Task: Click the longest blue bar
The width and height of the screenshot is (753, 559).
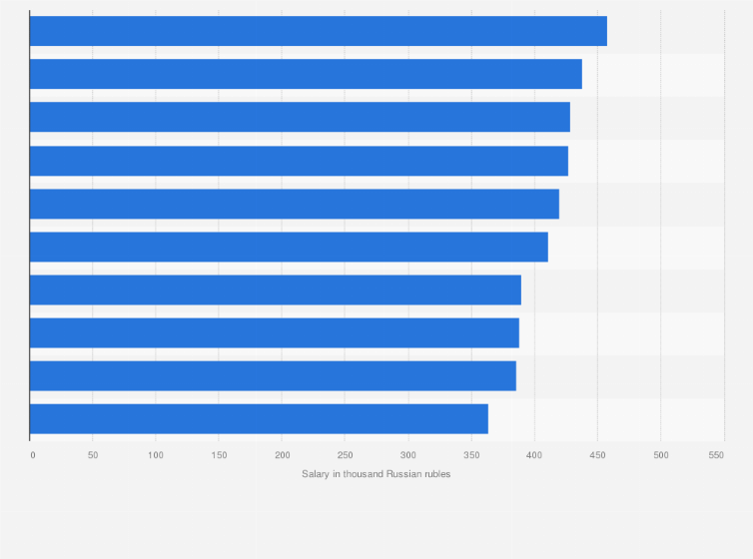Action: (x=318, y=31)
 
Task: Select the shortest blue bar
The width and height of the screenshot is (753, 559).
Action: (x=259, y=418)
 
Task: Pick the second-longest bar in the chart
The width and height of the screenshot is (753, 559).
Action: (x=306, y=74)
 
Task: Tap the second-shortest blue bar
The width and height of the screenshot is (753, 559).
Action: (x=273, y=375)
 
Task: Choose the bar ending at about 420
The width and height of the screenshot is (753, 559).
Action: (x=294, y=204)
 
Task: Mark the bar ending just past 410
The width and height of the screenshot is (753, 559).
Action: (x=289, y=247)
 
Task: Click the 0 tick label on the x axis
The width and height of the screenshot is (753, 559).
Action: (x=32, y=455)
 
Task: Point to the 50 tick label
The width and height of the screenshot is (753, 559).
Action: (x=93, y=455)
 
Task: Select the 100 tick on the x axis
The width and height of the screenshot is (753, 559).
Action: (x=156, y=455)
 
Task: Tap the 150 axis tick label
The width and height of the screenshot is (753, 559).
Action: (x=219, y=455)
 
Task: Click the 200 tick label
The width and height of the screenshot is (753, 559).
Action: (x=282, y=455)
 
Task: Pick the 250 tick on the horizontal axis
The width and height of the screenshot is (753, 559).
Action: (x=345, y=455)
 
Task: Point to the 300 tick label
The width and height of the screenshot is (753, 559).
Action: (x=408, y=455)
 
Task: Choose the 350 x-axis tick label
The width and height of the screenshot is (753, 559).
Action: (x=471, y=455)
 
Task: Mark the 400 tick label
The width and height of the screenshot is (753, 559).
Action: (x=534, y=455)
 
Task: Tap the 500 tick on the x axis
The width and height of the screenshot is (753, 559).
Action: (x=660, y=455)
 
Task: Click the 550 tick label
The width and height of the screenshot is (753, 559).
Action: (x=716, y=455)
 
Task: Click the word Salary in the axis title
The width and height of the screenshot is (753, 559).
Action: (x=316, y=473)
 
